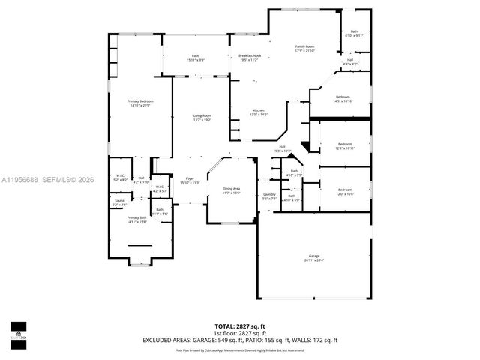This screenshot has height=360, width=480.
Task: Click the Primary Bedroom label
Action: point(138,103)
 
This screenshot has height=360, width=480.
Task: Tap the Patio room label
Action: point(195,57)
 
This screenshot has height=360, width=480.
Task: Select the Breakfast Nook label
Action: point(249,57)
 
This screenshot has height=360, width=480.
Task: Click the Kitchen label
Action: point(259,112)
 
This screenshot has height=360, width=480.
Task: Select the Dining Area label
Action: point(231,190)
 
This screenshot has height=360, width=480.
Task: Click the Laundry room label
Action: point(270,196)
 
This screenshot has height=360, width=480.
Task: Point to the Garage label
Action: point(314,257)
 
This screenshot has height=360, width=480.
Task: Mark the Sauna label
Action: point(119,202)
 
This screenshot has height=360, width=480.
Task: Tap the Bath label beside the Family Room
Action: point(354,33)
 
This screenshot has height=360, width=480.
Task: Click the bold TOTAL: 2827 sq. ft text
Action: point(239,326)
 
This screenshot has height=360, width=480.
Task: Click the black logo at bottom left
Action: point(18,331)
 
